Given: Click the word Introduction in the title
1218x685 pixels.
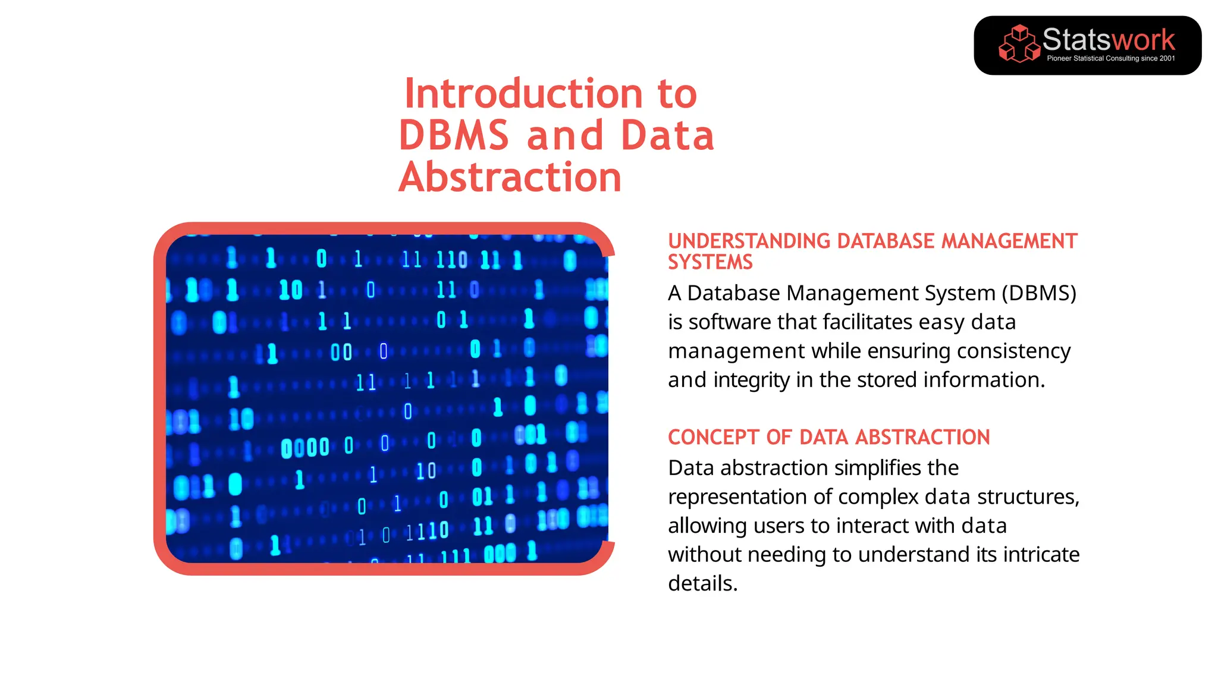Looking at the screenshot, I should click(x=523, y=94).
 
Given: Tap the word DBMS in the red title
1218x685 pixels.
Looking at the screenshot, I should click(x=454, y=136).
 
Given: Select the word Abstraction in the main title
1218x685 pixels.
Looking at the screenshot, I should click(x=510, y=177).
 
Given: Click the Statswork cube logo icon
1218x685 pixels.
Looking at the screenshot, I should click(x=1019, y=44).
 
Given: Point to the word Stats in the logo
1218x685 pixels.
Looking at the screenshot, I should click(x=1076, y=40).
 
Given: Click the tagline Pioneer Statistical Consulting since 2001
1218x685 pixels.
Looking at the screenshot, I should click(x=1110, y=58).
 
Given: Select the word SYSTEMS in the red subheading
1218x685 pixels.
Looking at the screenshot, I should click(x=710, y=262).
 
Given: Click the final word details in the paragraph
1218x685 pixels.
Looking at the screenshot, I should click(x=702, y=583).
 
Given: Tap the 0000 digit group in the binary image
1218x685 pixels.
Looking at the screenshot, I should click(x=304, y=448).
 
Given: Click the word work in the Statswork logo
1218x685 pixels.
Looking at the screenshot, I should click(x=1144, y=40).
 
